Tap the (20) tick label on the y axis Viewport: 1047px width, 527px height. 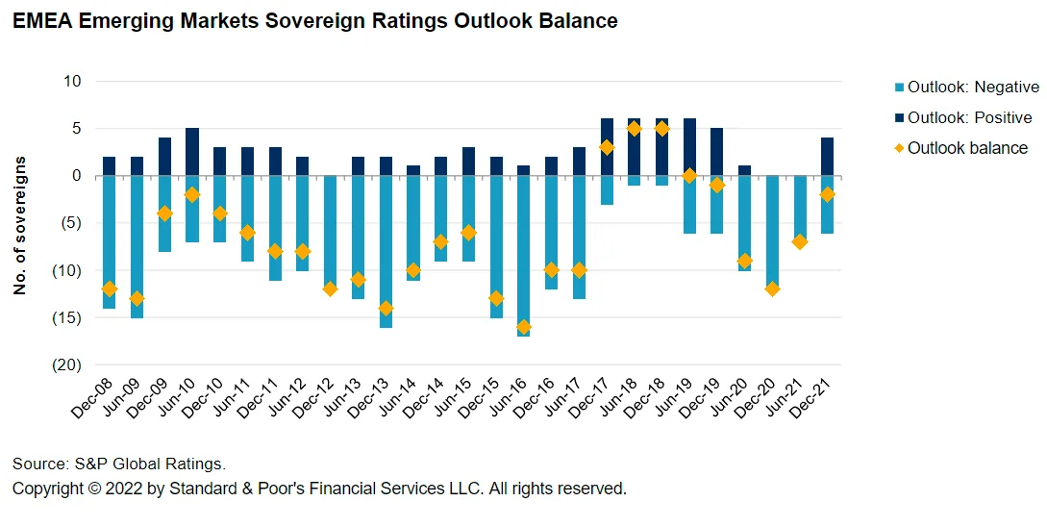(68, 365)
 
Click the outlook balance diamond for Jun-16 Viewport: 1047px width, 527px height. (523, 327)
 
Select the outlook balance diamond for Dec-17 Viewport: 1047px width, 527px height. (607, 147)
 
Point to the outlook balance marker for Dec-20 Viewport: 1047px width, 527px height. (772, 289)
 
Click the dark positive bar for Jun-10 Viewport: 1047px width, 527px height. (192, 152)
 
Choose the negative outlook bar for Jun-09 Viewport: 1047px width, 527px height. (137, 246)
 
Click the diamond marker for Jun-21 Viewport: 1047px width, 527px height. (800, 241)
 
